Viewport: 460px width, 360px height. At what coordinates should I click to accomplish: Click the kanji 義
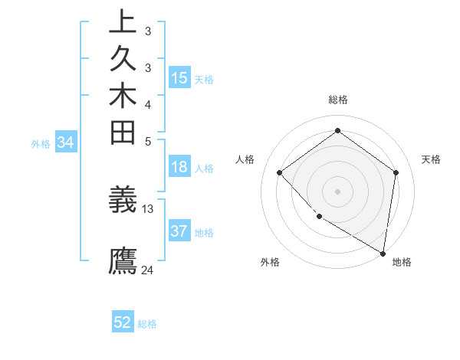click(x=123, y=200)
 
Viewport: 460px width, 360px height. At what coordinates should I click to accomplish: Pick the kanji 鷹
click(x=123, y=260)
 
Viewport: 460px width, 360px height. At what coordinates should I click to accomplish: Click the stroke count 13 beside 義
click(x=148, y=208)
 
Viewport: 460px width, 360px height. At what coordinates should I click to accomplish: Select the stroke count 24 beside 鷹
click(x=148, y=270)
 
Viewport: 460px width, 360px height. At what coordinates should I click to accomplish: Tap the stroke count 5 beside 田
click(x=148, y=141)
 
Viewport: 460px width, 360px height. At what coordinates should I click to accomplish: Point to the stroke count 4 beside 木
click(x=148, y=104)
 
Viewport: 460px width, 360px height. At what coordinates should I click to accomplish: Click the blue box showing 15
click(x=179, y=78)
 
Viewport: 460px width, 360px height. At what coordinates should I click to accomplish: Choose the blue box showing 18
click(x=179, y=168)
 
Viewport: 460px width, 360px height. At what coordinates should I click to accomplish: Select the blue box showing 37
click(x=179, y=232)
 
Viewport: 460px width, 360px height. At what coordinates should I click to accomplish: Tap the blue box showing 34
click(x=66, y=142)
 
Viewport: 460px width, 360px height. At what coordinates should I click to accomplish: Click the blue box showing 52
click(x=123, y=322)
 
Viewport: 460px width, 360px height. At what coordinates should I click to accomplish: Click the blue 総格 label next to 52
click(x=147, y=324)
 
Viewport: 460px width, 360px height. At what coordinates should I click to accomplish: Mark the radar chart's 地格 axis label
click(x=402, y=262)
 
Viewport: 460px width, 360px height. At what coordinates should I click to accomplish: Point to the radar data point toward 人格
click(x=280, y=173)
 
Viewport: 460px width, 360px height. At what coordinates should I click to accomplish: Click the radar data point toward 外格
click(x=318, y=217)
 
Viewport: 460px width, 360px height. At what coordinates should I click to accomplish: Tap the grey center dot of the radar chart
click(x=337, y=191)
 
